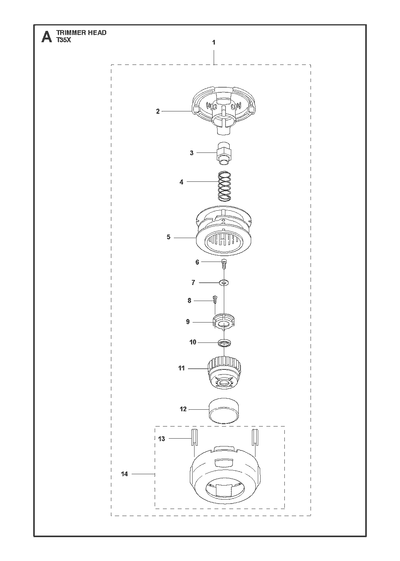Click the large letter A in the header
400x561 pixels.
click(47, 37)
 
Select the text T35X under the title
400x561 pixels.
click(64, 40)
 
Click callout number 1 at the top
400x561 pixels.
click(214, 43)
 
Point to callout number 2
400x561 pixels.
click(158, 111)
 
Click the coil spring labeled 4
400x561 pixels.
click(225, 186)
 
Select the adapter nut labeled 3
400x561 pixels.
click(224, 153)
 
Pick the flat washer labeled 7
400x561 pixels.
click(224, 283)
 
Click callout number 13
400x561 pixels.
click(162, 439)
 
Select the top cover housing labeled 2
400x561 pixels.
click(224, 110)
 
